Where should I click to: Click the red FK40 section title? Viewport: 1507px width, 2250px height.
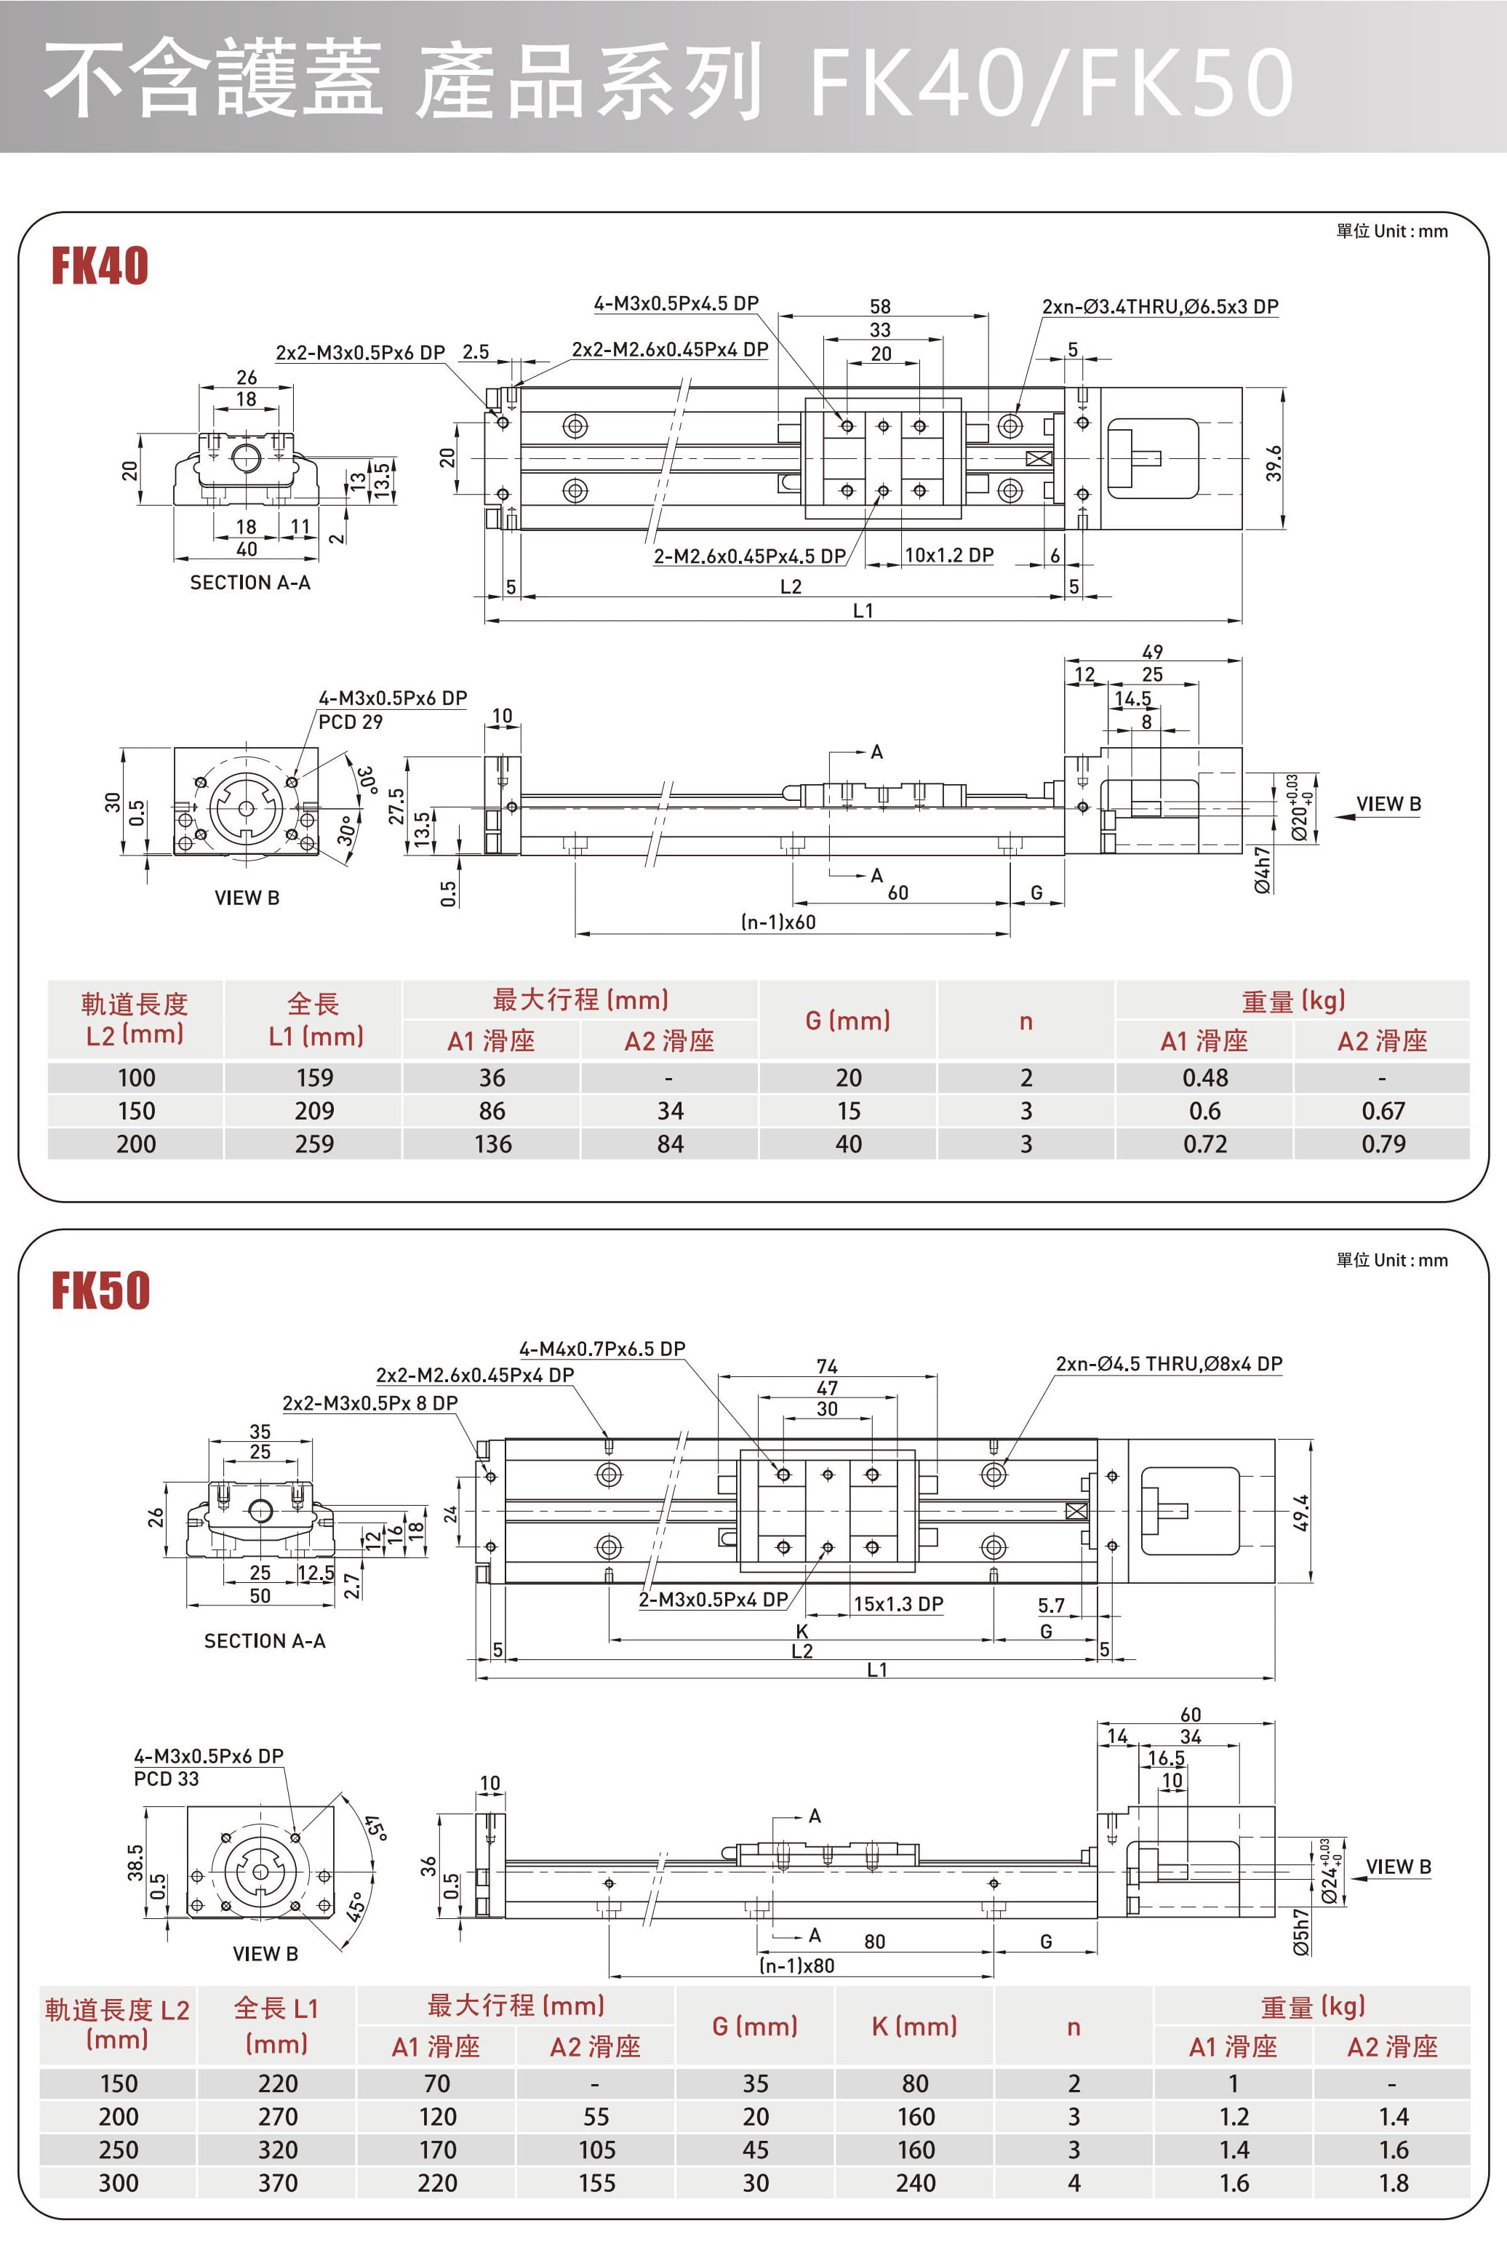tap(99, 266)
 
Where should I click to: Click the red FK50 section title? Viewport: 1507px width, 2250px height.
tap(100, 1290)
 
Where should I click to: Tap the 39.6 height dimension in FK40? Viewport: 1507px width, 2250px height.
tap(1274, 463)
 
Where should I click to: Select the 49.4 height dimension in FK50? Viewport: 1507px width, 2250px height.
tap(1300, 1512)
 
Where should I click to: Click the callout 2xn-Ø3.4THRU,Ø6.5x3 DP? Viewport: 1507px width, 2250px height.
tap(1160, 306)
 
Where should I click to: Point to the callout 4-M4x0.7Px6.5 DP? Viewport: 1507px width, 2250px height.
tap(601, 1349)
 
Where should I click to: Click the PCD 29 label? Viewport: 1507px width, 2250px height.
tap(350, 722)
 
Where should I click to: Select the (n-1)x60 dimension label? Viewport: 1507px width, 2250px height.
tap(778, 922)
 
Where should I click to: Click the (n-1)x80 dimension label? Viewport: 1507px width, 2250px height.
tap(796, 1966)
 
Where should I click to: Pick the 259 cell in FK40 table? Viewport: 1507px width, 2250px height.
tap(314, 1144)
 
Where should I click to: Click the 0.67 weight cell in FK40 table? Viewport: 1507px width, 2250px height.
tap(1383, 1111)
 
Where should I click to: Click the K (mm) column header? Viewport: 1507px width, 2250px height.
tap(914, 2026)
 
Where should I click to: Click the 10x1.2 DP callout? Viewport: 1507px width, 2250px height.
tap(948, 556)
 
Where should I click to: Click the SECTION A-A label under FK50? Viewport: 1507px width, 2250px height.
tap(264, 1640)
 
